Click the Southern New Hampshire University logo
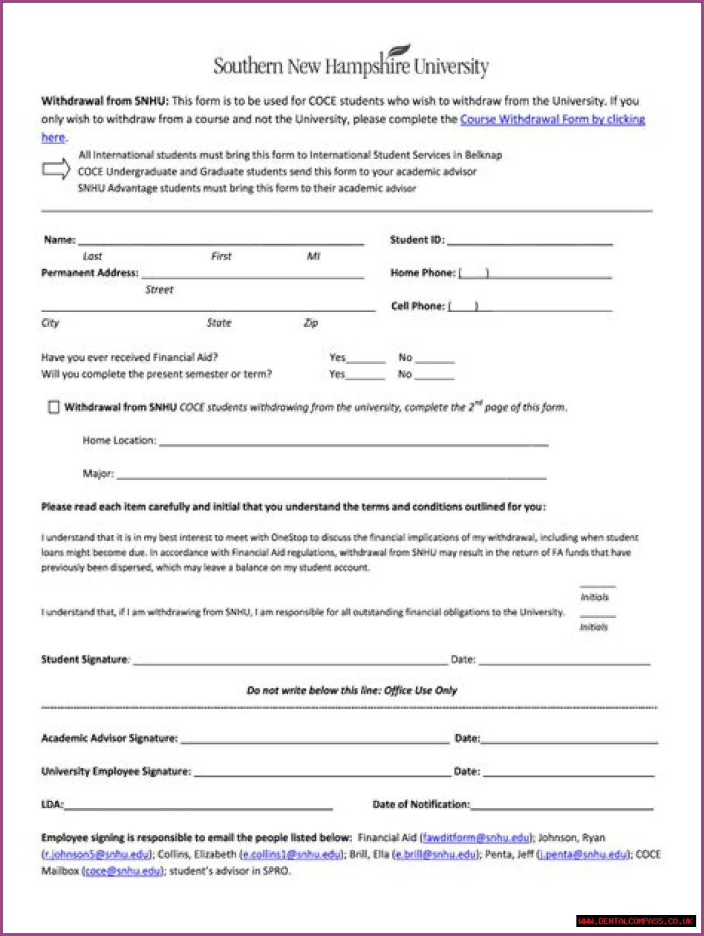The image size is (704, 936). click(351, 63)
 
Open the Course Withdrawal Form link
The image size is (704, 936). click(552, 119)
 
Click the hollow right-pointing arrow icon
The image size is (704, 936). click(56, 169)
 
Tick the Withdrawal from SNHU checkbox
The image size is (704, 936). click(53, 407)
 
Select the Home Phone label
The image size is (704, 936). click(422, 273)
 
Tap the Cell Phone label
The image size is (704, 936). click(417, 306)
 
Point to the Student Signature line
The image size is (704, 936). click(290, 661)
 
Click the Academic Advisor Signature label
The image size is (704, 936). click(109, 738)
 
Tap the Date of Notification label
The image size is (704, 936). click(421, 804)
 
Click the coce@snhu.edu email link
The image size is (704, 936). click(124, 871)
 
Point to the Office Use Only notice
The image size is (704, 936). click(352, 691)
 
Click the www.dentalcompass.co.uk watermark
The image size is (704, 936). click(636, 921)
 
